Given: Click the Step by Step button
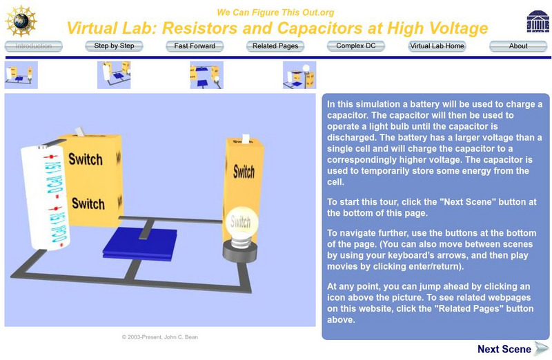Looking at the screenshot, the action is [x=114, y=46].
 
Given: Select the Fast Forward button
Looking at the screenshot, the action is [x=195, y=46].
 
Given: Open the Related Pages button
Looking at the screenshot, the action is [x=275, y=46].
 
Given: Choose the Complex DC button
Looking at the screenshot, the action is [x=356, y=46].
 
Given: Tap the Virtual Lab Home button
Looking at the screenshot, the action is [x=437, y=46].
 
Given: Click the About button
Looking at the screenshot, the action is [x=518, y=46].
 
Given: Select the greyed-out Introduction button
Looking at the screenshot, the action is [x=33, y=46].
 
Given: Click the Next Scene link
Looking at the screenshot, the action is [x=513, y=349].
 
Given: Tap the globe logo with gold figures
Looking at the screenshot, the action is [x=21, y=21].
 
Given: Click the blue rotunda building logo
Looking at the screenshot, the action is [x=538, y=21].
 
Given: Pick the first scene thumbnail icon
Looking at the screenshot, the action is [x=21, y=75].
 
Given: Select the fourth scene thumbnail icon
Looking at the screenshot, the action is [x=299, y=75].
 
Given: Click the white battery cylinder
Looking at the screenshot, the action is [x=45, y=197].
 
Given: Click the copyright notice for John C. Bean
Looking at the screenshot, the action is [x=160, y=337].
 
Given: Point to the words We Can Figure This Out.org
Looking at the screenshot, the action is [x=275, y=12].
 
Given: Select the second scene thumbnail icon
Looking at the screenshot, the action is [x=114, y=75].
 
